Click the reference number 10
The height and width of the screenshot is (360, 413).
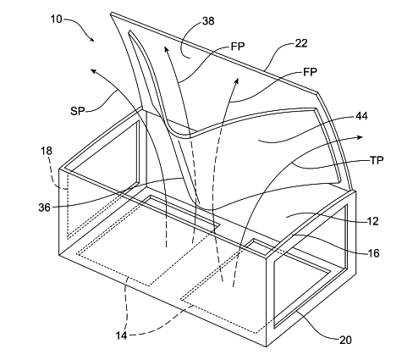pyautogui.click(x=57, y=19)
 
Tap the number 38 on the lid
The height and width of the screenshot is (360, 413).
pyautogui.click(x=208, y=21)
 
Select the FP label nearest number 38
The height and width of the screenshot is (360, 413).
pyautogui.click(x=238, y=47)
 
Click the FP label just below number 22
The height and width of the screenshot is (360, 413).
pyautogui.click(x=310, y=72)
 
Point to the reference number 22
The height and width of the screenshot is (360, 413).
pyautogui.click(x=301, y=43)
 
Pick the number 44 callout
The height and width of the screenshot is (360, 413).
pyautogui.click(x=361, y=116)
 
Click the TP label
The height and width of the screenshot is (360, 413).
pyautogui.click(x=377, y=160)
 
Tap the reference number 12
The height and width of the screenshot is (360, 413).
pyautogui.click(x=372, y=221)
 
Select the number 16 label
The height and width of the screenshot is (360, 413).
pyautogui.click(x=373, y=253)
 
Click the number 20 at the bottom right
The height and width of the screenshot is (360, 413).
pyautogui.click(x=345, y=340)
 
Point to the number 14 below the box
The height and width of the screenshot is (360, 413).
pyautogui.click(x=121, y=335)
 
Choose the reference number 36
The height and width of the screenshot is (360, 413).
pyautogui.click(x=45, y=208)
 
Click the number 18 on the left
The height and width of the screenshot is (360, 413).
pyautogui.click(x=47, y=151)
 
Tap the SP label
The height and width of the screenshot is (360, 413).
pyautogui.click(x=77, y=111)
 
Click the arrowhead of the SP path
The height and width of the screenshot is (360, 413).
pyautogui.click(x=93, y=71)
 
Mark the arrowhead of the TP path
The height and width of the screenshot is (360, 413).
pyautogui.click(x=360, y=137)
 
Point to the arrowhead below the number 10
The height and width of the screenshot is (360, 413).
pyautogui.click(x=91, y=39)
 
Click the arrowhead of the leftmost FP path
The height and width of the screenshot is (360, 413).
pyautogui.click(x=167, y=49)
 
